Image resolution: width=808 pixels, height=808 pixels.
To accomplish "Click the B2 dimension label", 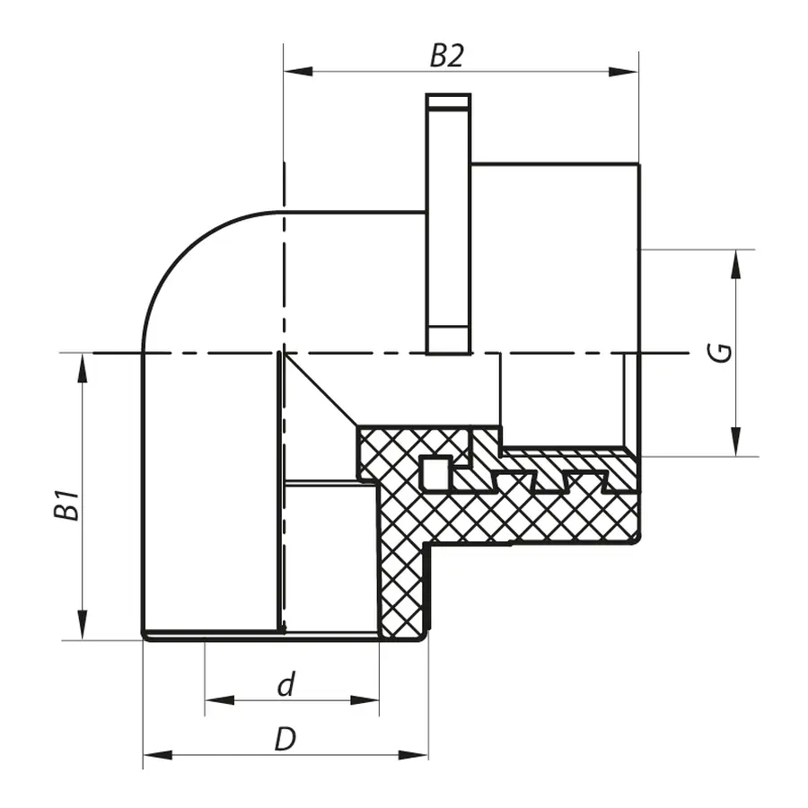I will [446, 56].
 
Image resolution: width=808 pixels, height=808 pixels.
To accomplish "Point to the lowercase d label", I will [285, 686].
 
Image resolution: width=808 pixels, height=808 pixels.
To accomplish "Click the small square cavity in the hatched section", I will [435, 473].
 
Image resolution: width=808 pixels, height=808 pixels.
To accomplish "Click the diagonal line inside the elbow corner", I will [320, 390].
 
